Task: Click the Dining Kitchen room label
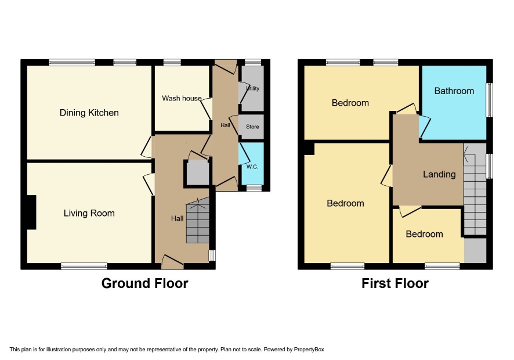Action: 89,113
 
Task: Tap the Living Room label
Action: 89,213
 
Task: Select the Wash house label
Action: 182,98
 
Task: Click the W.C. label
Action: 252,167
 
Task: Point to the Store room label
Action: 252,127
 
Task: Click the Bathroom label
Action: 454,91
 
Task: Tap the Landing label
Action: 439,174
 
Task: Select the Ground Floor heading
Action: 145,283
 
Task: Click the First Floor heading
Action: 395,283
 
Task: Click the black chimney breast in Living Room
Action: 31,213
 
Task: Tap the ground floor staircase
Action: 198,221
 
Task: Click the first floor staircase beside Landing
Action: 475,189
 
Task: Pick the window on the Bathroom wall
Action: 489,100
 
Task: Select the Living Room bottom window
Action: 84,266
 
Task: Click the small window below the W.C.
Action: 254,188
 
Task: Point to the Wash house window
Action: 172,62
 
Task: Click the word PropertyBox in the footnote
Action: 309,350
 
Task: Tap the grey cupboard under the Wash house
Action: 198,172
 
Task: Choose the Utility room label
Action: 253,88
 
